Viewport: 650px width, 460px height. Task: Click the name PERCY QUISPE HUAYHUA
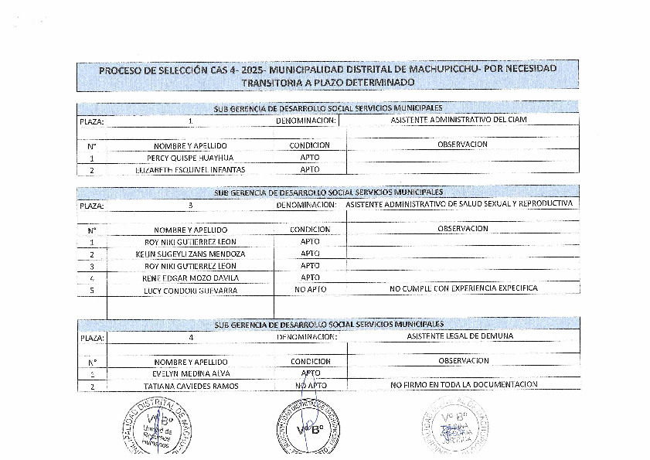(x=189, y=157)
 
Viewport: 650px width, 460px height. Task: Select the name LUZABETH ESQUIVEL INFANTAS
(x=189, y=169)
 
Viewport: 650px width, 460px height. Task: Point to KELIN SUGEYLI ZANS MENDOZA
(x=189, y=254)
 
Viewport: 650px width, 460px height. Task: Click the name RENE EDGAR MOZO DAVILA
(x=189, y=278)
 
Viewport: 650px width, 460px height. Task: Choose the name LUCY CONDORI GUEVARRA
(x=189, y=290)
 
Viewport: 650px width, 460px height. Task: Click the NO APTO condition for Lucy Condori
(x=310, y=289)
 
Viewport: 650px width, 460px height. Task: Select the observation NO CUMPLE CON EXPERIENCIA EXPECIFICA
(x=463, y=288)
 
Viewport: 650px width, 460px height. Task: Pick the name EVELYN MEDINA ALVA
(x=189, y=373)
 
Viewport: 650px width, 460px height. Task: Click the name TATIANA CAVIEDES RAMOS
(x=189, y=385)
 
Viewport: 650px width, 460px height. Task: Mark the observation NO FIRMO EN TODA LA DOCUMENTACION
(x=463, y=384)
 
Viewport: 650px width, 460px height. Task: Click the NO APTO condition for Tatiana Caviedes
(x=310, y=384)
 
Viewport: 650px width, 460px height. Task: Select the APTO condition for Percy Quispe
(x=309, y=157)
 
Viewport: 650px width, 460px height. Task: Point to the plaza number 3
(x=189, y=206)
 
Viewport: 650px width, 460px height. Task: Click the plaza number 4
(x=189, y=337)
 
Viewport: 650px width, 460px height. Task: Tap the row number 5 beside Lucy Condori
(x=91, y=290)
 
